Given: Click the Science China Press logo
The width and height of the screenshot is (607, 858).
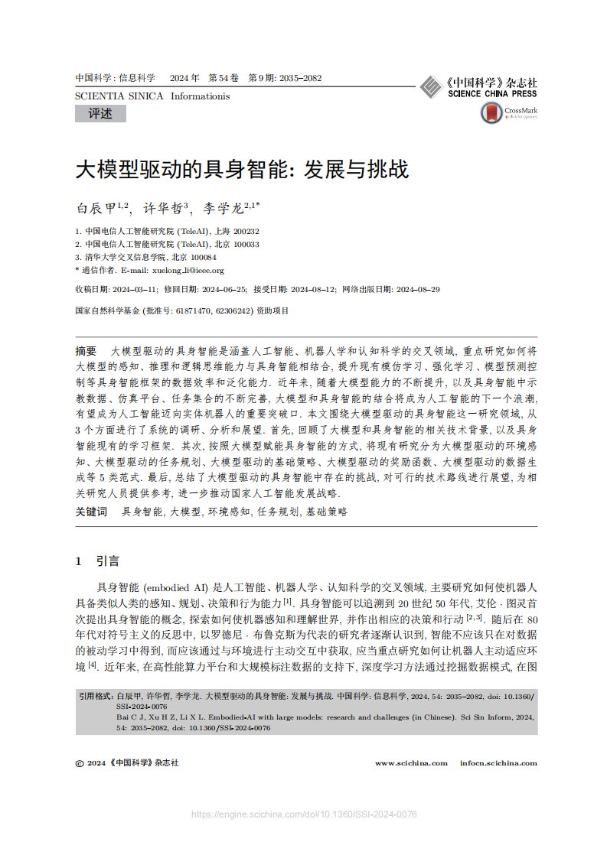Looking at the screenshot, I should pos(479,87).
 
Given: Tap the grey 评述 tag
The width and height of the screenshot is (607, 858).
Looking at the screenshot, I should pos(100,114).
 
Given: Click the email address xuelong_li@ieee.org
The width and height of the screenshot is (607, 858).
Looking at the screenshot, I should pos(188,270).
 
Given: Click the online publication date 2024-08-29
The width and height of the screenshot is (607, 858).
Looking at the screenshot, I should pos(416,291).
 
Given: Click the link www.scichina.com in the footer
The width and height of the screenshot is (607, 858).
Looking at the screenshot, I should pos(411,762).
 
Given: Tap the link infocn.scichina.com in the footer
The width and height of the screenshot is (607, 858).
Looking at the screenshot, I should pos(498,762).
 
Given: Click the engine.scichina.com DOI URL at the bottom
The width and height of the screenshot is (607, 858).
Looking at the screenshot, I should pos(304,815).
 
